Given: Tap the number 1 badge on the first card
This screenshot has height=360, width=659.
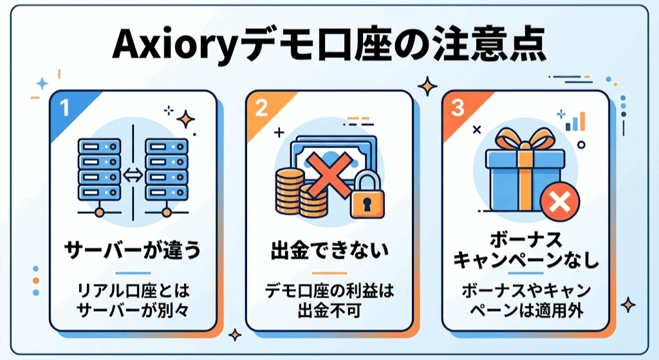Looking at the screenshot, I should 64,106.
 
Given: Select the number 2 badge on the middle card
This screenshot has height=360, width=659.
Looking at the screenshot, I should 261,107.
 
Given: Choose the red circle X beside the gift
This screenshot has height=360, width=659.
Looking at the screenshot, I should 557,202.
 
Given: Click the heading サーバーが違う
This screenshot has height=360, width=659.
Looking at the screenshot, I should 133,250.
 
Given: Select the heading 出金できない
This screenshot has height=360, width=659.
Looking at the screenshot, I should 329,250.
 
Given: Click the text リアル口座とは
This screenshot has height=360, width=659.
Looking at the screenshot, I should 133,291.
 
